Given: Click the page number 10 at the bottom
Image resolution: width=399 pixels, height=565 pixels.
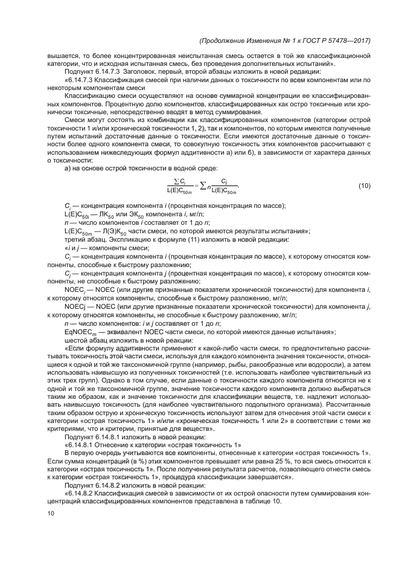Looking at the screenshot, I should point(51,514).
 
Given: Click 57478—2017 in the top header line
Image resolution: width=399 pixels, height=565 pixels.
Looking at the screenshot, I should point(349,40).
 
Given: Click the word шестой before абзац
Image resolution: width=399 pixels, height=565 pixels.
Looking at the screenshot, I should point(77,340).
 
